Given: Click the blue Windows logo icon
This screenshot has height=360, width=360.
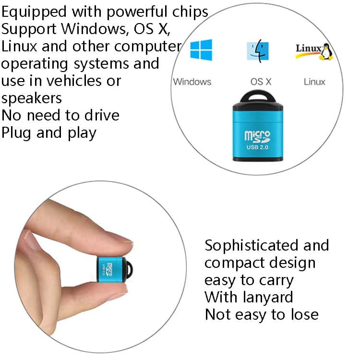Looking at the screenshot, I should [x=201, y=50].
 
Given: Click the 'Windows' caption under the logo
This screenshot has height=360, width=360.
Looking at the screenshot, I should [x=192, y=82].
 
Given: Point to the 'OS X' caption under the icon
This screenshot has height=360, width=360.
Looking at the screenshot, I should [x=261, y=82].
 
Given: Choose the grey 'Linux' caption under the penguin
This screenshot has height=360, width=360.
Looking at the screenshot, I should [x=314, y=82].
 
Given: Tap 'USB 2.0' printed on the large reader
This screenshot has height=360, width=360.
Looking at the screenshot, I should [x=257, y=146].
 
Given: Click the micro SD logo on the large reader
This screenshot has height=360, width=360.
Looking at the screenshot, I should [x=257, y=135].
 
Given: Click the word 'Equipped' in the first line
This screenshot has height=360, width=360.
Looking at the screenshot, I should [x=35, y=12].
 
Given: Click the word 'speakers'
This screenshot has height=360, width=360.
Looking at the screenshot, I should [x=32, y=98].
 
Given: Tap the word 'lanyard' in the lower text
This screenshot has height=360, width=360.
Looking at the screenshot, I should [x=265, y=297].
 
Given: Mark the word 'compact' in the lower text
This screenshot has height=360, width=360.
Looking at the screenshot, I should [x=233, y=263].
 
